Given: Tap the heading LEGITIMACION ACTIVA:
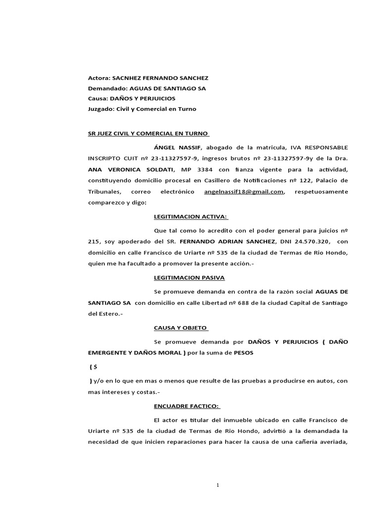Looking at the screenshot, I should pos(191,216).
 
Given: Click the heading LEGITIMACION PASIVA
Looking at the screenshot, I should pos(190,278).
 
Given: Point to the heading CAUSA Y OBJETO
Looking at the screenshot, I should pos(181,328).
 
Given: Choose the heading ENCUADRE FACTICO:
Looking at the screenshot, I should pos(187,406).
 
